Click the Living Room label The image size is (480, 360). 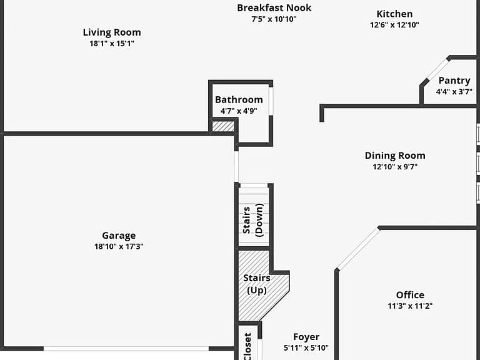tap(112, 32)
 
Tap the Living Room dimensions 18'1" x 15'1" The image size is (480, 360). tap(112, 44)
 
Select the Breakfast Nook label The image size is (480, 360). tap(274, 7)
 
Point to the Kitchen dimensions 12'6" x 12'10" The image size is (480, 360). tap(394, 25)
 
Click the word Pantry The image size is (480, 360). tap(454, 81)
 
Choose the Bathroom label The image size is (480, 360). tap(239, 99)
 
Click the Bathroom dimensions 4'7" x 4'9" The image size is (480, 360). tap(239, 111)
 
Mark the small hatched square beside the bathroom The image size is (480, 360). tap(223, 126)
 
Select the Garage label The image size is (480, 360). tap(119, 236)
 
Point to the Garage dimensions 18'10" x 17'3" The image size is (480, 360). tap(119, 246)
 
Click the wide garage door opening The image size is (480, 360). tap(126, 349)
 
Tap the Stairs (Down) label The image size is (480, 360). tap(253, 220)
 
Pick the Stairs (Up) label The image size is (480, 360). tap(257, 284)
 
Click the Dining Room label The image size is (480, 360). tap(395, 156)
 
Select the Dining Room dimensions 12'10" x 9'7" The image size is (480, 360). tap(395, 167)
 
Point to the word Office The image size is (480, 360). tap(410, 295)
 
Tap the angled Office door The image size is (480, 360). tap(358, 249)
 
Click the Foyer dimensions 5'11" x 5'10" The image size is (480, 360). tap(306, 347)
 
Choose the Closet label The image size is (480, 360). tap(247, 346)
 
